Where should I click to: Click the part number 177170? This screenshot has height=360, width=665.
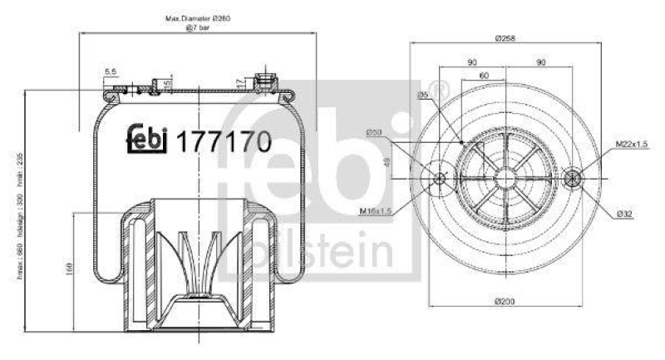point(223,142)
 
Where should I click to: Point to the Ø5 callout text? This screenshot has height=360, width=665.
point(422,96)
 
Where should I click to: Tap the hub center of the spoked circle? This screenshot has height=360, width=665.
point(504,177)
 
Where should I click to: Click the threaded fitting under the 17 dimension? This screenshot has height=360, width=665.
point(267,81)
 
